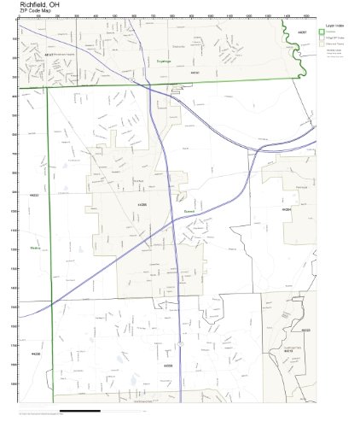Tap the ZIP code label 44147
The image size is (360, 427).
(x=49, y=55)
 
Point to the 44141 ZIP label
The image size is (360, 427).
(x=195, y=73)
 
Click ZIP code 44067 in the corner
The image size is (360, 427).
(x=303, y=31)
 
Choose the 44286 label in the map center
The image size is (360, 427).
(x=142, y=206)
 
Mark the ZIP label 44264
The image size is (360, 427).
(x=287, y=209)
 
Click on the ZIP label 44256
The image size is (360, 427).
(x=35, y=353)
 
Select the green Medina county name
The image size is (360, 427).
(x=35, y=249)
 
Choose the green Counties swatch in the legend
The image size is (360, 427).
(x=322, y=32)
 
